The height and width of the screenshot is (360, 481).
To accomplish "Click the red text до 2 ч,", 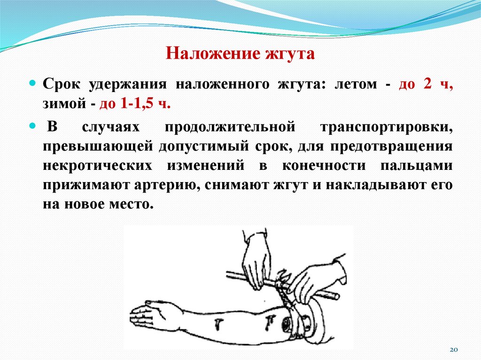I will point(426,85).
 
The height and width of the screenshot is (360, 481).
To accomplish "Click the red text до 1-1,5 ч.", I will point(134,103).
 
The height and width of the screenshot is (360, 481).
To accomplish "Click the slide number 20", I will point(453,350).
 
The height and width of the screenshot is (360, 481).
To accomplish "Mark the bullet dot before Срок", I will point(33,82).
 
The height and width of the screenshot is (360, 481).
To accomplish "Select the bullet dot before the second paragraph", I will point(33,125).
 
